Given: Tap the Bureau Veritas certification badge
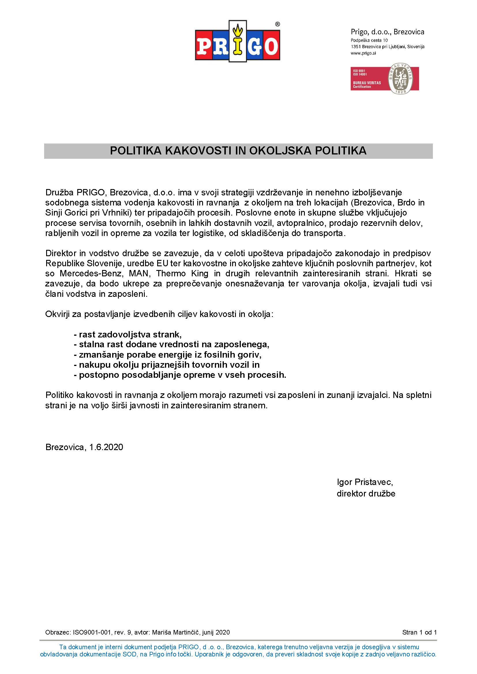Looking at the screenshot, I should [x=384, y=79].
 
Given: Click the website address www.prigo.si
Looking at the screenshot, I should [x=363, y=53].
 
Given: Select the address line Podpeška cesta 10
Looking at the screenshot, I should [x=369, y=40].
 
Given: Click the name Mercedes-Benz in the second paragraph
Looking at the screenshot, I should [x=91, y=273].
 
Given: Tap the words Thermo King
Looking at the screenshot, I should [x=182, y=273].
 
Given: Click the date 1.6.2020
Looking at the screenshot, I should [x=106, y=447].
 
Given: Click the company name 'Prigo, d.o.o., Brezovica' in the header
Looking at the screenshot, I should [x=387, y=32].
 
